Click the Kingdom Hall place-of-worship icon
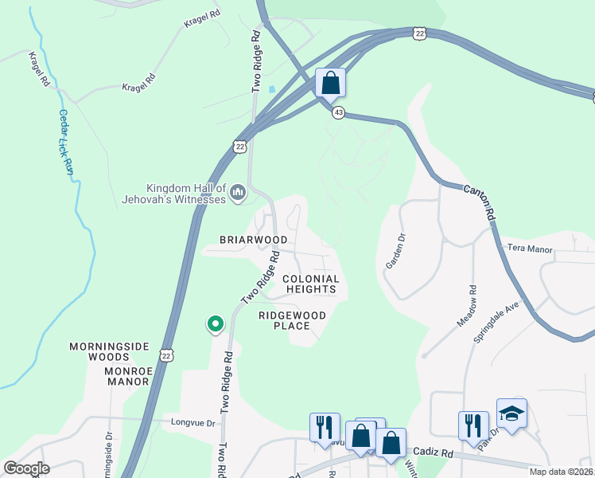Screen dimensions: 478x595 pyautogui.click(x=237, y=192)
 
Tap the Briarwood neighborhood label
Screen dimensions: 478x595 pyautogui.click(x=254, y=239)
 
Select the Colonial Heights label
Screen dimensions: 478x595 pyautogui.click(x=311, y=284)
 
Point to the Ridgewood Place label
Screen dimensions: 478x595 pyautogui.click(x=292, y=320)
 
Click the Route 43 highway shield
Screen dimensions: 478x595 pyautogui.click(x=339, y=113)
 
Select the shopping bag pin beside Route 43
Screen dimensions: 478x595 pyautogui.click(x=330, y=83)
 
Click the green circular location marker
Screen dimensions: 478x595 pyautogui.click(x=215, y=324)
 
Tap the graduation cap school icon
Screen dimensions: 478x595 pyautogui.click(x=511, y=413)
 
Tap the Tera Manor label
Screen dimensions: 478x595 pyautogui.click(x=529, y=249)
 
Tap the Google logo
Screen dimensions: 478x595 pyautogui.click(x=27, y=468)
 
